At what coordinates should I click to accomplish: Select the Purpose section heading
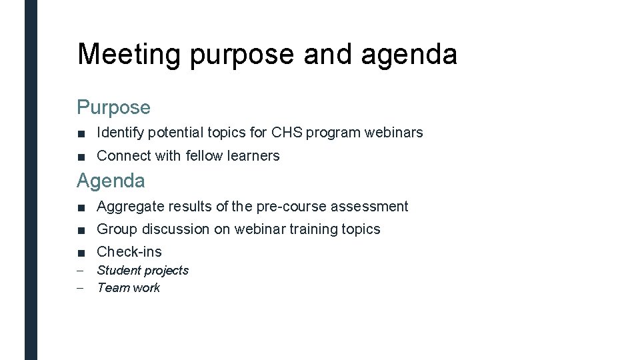coord(113,107)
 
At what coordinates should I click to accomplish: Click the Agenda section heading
coord(111,180)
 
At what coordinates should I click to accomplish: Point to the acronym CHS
coord(287,133)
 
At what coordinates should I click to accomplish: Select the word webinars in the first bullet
coord(393,133)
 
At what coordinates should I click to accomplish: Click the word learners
coord(253,156)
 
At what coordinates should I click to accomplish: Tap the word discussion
coord(176,229)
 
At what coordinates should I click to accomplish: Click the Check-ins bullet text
coord(129,252)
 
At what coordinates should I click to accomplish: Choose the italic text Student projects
coord(143,271)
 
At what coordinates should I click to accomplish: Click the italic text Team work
coord(129,288)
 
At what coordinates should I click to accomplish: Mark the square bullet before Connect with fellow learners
coord(81,157)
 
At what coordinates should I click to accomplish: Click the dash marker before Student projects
coord(81,271)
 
